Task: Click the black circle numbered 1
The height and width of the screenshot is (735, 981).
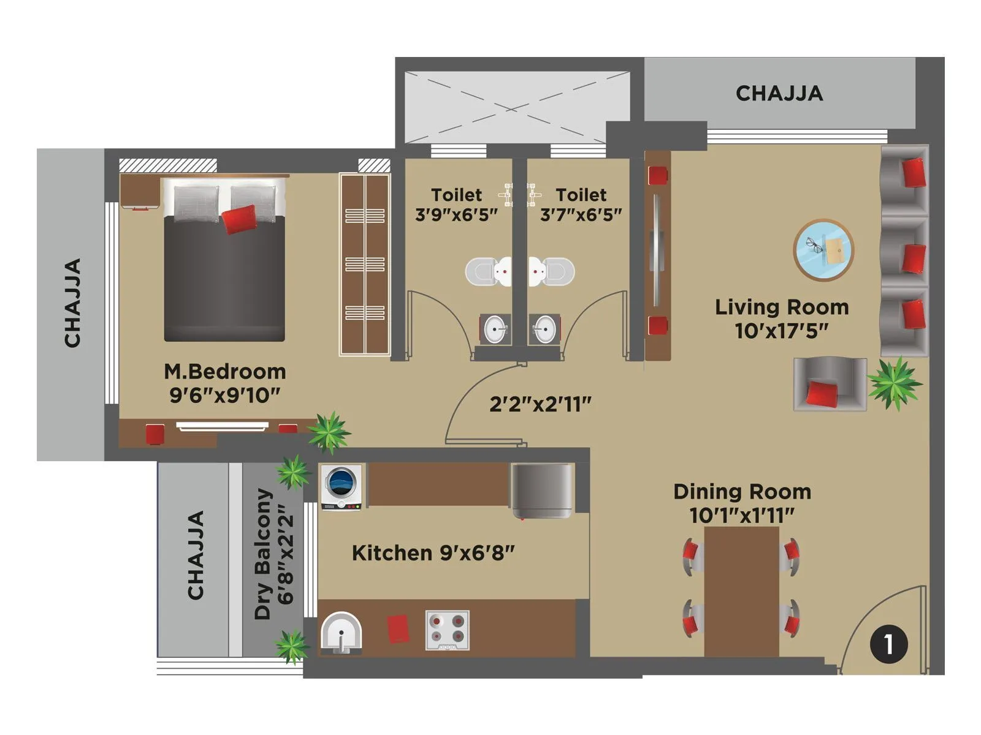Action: (888, 644)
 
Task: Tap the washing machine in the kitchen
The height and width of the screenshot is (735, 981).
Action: (342, 486)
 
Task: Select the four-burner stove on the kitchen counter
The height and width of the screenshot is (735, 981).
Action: (448, 630)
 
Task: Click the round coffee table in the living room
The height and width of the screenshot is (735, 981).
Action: (823, 249)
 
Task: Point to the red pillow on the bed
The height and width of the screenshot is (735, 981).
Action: (239, 219)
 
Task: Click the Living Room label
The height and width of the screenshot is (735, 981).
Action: (782, 307)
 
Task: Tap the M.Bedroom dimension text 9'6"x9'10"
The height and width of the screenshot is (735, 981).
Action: (224, 395)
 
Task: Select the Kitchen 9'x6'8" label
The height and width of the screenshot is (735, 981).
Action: (433, 553)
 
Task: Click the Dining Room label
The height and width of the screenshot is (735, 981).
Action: (742, 491)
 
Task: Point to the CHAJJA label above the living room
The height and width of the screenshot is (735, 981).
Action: (779, 93)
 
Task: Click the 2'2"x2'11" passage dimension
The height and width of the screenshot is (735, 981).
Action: (540, 404)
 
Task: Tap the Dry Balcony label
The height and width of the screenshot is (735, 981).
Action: (264, 554)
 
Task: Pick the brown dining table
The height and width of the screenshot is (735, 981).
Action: (741, 591)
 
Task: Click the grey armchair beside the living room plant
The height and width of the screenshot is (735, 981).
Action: (829, 384)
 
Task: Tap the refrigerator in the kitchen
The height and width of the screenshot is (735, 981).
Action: (542, 491)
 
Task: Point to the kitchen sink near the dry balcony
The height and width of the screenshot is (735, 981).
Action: (341, 633)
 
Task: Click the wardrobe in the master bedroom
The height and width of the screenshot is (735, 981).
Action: (365, 264)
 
